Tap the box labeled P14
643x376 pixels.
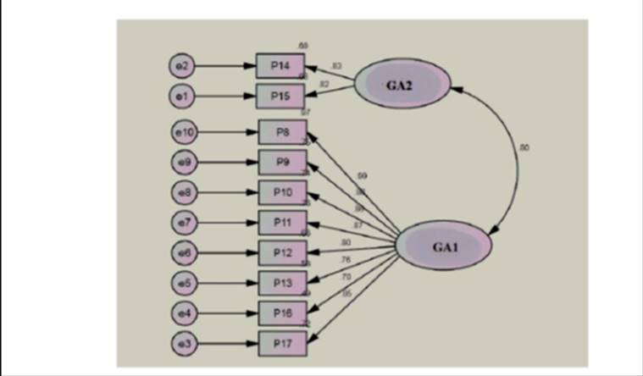pos(280,65)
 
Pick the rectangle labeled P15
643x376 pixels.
pos(280,96)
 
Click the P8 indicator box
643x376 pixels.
pos(283,132)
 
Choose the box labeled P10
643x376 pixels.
pos(283,193)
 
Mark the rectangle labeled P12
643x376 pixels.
pos(283,252)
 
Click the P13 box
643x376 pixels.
pos(283,282)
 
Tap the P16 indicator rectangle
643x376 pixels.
pos(283,313)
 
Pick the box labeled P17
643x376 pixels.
pos(283,343)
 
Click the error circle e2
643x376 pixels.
pos(181,65)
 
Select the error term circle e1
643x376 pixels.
pos(181,96)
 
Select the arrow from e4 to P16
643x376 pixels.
pos(229,313)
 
